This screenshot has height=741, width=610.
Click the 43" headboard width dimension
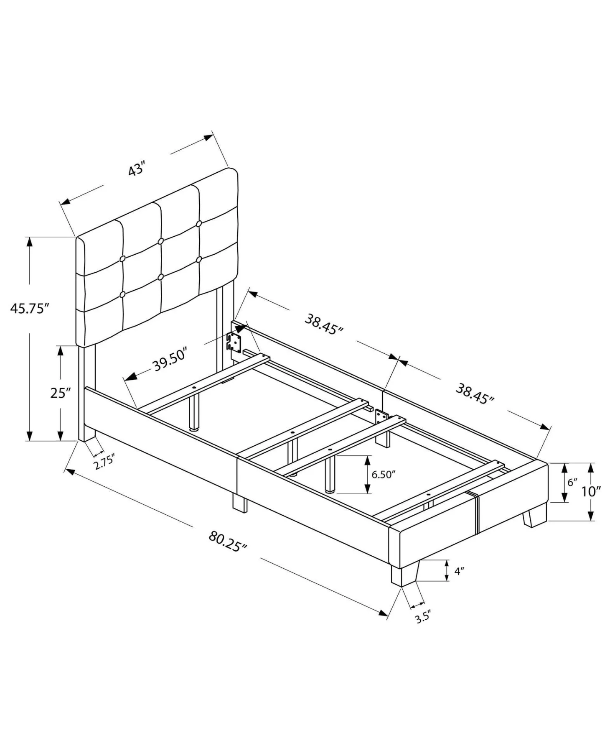coord(136,170)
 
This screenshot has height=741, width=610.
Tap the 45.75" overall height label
coord(30,309)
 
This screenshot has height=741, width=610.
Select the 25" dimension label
coord(61,393)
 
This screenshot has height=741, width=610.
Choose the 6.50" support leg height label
coord(384,475)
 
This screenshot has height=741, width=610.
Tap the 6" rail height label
coord(572,482)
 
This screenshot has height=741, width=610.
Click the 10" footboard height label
coord(591,491)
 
